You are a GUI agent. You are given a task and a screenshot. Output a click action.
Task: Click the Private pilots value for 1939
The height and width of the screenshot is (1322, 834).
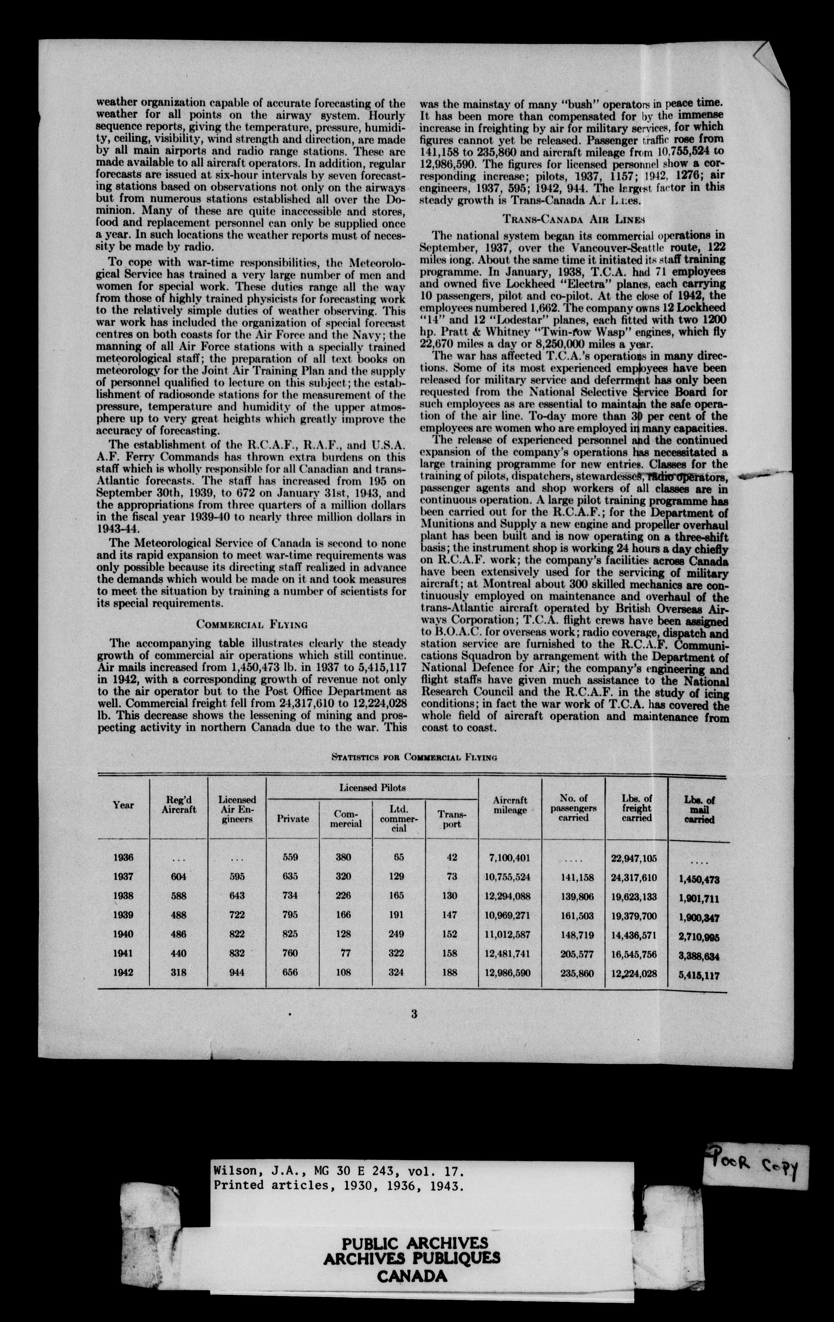coord(293,916)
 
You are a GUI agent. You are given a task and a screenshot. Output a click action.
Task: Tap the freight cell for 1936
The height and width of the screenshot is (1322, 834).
coord(637,858)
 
